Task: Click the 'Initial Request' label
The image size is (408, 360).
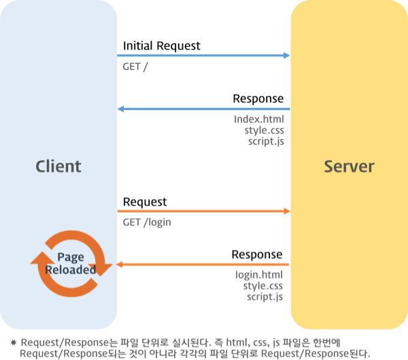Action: pos(162,46)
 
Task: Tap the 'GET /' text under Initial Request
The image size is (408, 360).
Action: pos(135,67)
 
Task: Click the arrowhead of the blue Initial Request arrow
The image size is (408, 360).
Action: pos(286,56)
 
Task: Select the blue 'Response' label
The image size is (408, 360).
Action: pos(258,98)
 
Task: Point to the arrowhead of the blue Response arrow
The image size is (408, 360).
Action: pos(120,109)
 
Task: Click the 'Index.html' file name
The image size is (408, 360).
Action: pos(259,120)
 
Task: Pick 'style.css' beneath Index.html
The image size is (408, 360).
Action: pos(264,130)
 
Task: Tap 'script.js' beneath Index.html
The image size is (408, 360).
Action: pos(266,141)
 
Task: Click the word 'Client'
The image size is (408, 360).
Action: pos(58,166)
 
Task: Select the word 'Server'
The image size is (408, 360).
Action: pos(350,166)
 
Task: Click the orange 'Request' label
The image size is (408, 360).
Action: pos(145,202)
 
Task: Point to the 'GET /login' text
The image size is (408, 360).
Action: pos(147,223)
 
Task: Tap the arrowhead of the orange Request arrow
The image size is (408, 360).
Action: pos(287,211)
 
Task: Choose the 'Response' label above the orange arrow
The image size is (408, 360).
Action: pos(257,255)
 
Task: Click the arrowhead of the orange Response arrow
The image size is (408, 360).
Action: pos(119,265)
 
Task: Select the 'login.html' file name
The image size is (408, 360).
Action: pos(259,275)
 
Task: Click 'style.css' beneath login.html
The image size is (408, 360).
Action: pos(262,286)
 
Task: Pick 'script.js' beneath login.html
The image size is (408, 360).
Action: pos(265,297)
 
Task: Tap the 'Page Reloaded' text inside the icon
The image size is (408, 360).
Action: pos(71,264)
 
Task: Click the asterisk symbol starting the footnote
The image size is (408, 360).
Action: pos(14,342)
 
